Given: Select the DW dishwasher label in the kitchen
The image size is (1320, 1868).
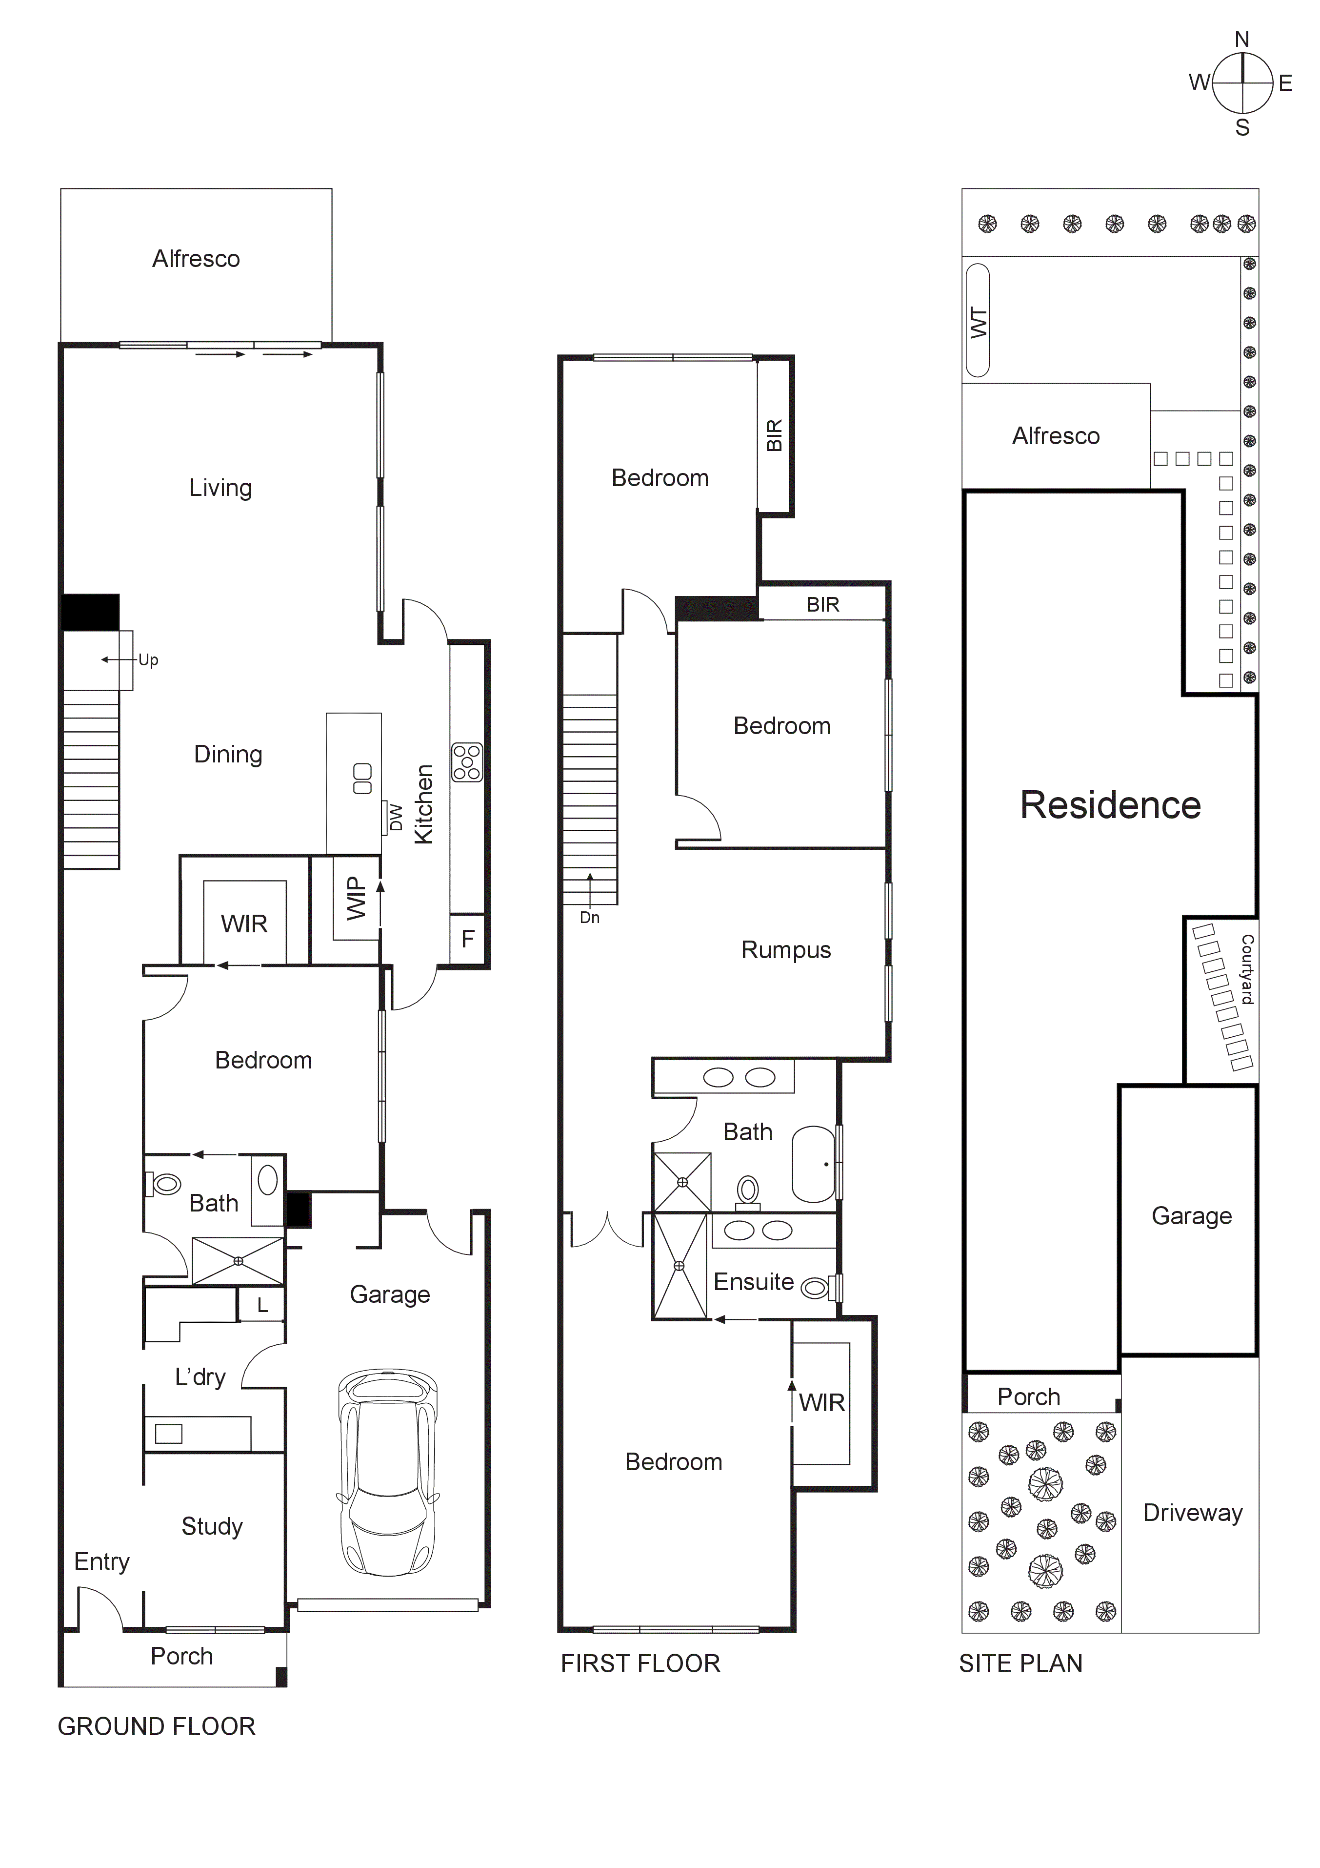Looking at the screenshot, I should coord(396,817).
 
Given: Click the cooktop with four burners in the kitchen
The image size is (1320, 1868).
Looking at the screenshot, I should coord(467,762).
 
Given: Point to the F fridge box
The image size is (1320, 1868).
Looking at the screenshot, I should coord(468,939).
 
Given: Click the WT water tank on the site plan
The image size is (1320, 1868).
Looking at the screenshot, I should coord(978,321).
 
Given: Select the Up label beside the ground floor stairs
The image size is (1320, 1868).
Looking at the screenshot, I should coord(148,660).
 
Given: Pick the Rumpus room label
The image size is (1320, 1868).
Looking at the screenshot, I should coord(786,950).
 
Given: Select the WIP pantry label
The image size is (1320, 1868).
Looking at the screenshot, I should coord(356,898).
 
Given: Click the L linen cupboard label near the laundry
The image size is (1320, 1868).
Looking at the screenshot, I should coord(262,1306).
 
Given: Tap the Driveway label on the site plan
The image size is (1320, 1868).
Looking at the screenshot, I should coord(1192,1513).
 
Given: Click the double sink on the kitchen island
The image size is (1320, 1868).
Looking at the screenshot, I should coord(363,779).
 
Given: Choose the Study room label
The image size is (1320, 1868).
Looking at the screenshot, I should coord(211,1526).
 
